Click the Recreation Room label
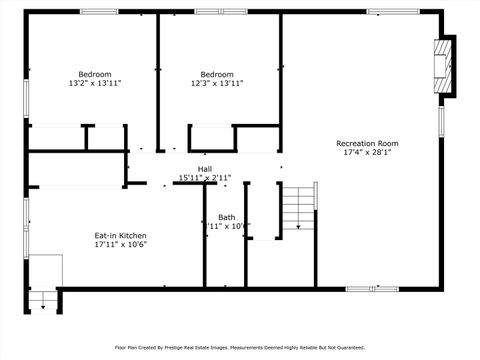point(367,143)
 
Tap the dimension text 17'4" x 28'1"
point(367,153)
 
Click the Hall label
point(205,168)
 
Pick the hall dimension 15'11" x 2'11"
point(205,178)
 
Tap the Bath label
point(227,217)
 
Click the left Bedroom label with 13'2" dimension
point(95,74)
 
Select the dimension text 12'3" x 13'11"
point(217,84)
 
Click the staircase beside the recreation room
point(298,208)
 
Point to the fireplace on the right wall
point(443,67)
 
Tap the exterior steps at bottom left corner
point(42,298)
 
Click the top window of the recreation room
point(392,12)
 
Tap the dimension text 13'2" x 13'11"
point(95,84)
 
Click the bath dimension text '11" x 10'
point(226,226)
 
